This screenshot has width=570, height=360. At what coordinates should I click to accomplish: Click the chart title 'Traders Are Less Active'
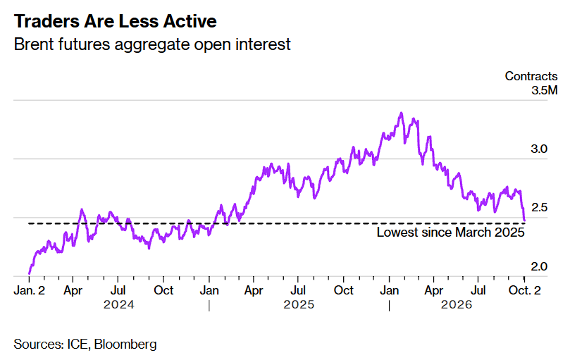[x=116, y=21]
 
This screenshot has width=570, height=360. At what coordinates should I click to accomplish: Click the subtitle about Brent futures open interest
[x=152, y=44]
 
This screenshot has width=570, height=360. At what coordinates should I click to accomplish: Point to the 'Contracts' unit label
[x=531, y=76]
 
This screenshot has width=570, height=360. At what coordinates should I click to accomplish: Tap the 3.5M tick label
[x=544, y=90]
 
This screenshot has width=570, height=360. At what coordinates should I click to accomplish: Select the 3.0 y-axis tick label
[x=539, y=149]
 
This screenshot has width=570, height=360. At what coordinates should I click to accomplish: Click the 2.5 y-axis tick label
[x=539, y=207]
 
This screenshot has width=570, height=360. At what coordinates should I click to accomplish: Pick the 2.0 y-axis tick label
[x=539, y=266]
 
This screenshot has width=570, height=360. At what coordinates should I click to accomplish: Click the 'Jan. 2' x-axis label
[x=30, y=290]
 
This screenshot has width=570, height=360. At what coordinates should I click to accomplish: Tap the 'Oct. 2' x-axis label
[x=525, y=290]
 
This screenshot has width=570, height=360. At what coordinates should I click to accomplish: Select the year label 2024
[x=119, y=304]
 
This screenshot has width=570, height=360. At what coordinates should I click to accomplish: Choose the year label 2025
[x=299, y=304]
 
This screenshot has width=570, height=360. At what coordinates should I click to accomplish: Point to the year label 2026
[x=457, y=304]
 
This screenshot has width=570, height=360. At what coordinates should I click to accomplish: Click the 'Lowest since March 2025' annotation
[x=450, y=232]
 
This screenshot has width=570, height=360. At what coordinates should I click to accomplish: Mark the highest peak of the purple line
[x=402, y=113]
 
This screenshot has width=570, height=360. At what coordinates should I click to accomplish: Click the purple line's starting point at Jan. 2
[x=30, y=273]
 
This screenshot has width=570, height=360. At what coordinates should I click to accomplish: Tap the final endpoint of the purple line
[x=524, y=220]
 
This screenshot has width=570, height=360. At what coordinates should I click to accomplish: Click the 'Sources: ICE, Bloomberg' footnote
[x=85, y=344]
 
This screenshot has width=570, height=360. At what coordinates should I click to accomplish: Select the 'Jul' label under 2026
[x=478, y=290]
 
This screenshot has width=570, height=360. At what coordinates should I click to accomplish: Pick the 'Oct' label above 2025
[x=344, y=290]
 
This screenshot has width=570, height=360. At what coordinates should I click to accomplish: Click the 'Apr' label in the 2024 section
[x=73, y=290]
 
